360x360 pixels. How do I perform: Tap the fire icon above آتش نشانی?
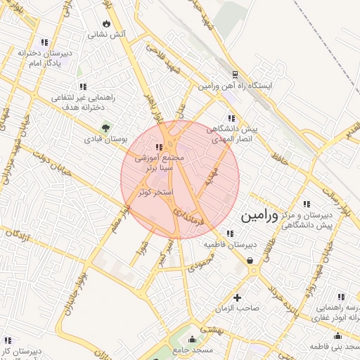(x=107, y=23)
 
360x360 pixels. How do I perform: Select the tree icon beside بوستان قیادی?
(x=105, y=128)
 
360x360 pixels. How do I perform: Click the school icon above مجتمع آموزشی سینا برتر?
(x=159, y=147)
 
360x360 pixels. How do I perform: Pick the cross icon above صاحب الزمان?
(x=237, y=297)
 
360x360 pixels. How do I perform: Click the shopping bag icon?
(x=250, y=261)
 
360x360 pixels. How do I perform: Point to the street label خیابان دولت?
(x=41, y=153)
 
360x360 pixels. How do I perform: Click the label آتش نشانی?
(x=107, y=34)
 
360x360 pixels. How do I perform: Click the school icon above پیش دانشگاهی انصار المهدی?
(x=231, y=119)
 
